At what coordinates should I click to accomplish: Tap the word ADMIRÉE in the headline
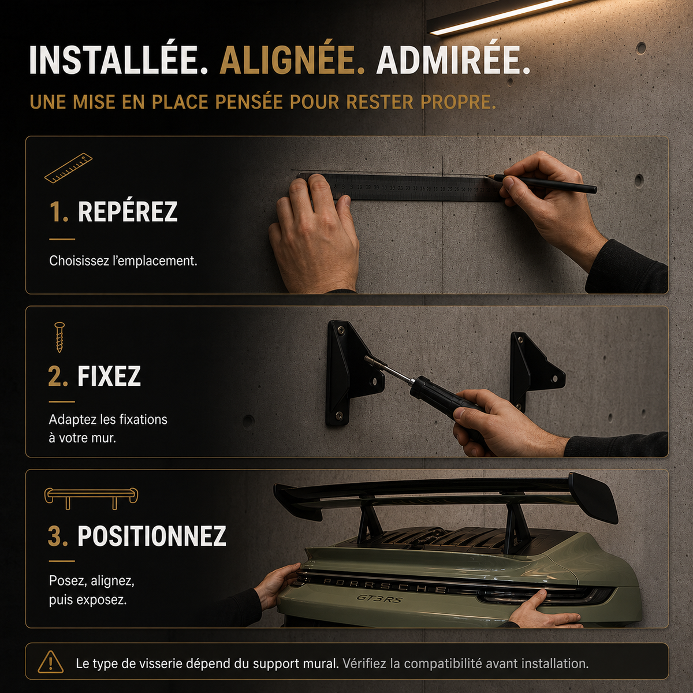click(x=453, y=61)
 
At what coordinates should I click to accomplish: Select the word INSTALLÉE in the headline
click(x=118, y=61)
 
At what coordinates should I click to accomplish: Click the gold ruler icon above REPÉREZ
click(x=68, y=167)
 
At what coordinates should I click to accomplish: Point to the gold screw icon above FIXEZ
click(x=59, y=337)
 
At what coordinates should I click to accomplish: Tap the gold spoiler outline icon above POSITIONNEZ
click(x=91, y=498)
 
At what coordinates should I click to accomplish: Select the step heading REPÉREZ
click(x=128, y=212)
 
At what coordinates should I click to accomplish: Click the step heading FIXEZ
click(x=109, y=376)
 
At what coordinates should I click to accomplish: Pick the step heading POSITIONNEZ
click(x=152, y=535)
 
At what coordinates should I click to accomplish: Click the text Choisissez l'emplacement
click(x=123, y=261)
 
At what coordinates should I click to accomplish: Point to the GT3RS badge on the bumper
click(x=379, y=599)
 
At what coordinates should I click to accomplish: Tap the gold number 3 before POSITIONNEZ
click(x=58, y=536)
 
